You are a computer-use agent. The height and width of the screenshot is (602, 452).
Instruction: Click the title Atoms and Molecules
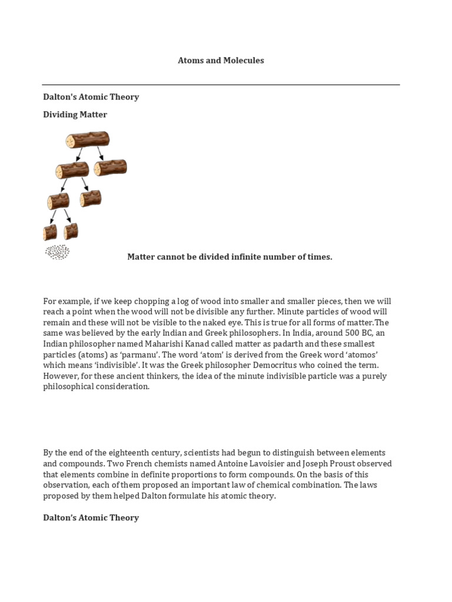pyautogui.click(x=221, y=61)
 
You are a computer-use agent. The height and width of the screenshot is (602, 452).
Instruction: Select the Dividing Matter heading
pyautogui.click(x=75, y=115)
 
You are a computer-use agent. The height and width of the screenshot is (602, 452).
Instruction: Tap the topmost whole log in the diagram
pyautogui.click(x=87, y=140)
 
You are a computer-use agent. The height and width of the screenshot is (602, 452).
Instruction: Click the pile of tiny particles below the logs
pyautogui.click(x=57, y=253)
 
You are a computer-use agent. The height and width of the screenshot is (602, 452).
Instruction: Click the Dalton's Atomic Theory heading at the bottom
pyautogui.click(x=91, y=518)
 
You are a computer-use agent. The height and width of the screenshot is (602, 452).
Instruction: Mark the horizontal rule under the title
pyautogui.click(x=221, y=85)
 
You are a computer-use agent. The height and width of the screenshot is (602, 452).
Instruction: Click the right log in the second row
pyautogui.click(x=111, y=168)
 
